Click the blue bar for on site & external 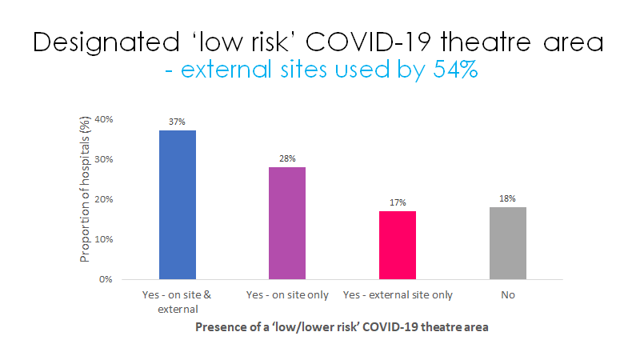[177, 205]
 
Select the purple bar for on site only [287, 223]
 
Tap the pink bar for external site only [397, 245]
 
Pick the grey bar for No [507, 243]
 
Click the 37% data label [177, 122]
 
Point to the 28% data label [287, 158]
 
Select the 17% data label [397, 202]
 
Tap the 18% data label [507, 198]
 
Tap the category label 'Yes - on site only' [287, 295]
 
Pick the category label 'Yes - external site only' [397, 295]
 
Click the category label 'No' [507, 295]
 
